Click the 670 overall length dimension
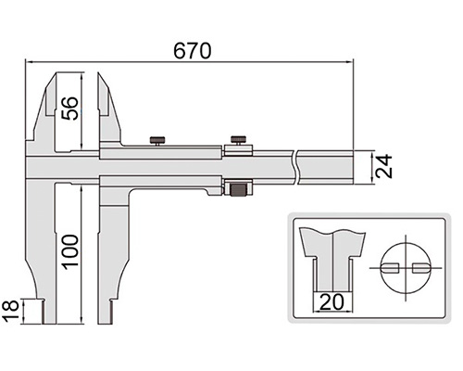[x=193, y=51]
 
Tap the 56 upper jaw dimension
[x=69, y=109]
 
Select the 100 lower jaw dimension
[x=69, y=252]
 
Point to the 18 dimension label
[x=10, y=311]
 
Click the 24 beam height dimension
[x=383, y=166]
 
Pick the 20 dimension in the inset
[x=332, y=302]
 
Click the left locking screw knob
[x=157, y=141]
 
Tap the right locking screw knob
[x=238, y=140]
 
